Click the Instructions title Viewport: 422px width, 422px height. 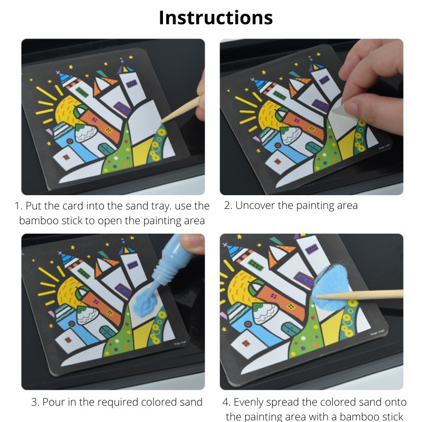pyautogui.click(x=216, y=17)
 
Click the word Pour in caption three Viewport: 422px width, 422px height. pyautogui.click(x=54, y=402)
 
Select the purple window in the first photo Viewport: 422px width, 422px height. pyautogui.click(x=122, y=109)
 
